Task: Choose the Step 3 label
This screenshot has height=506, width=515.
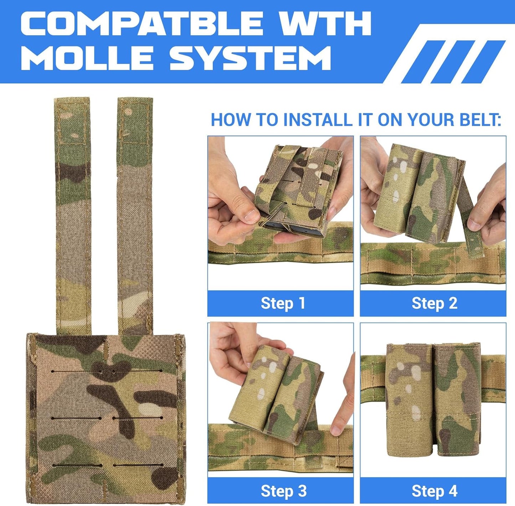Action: click(283, 491)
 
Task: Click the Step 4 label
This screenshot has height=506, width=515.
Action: click(434, 491)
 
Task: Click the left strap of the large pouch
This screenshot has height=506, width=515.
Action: click(73, 214)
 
